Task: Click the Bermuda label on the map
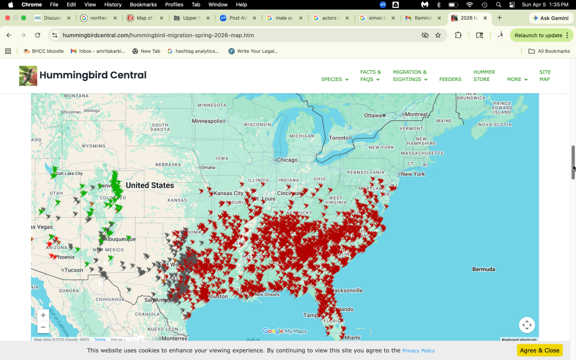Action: click(484, 269)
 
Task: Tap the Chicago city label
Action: click(287, 160)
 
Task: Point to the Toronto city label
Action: click(339, 138)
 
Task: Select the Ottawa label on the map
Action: click(373, 115)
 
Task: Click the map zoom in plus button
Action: click(43, 315)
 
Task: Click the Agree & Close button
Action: click(539, 350)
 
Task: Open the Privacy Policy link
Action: click(418, 350)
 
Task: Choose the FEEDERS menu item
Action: click(450, 79)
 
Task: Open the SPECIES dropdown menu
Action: click(335, 79)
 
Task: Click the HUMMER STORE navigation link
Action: click(484, 75)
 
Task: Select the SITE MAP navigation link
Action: click(544, 75)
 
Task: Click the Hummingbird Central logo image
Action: click(28, 75)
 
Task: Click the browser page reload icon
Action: click(38, 35)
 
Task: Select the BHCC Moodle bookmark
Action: click(43, 51)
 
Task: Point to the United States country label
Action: click(150, 185)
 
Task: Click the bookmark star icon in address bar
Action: click(438, 35)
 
